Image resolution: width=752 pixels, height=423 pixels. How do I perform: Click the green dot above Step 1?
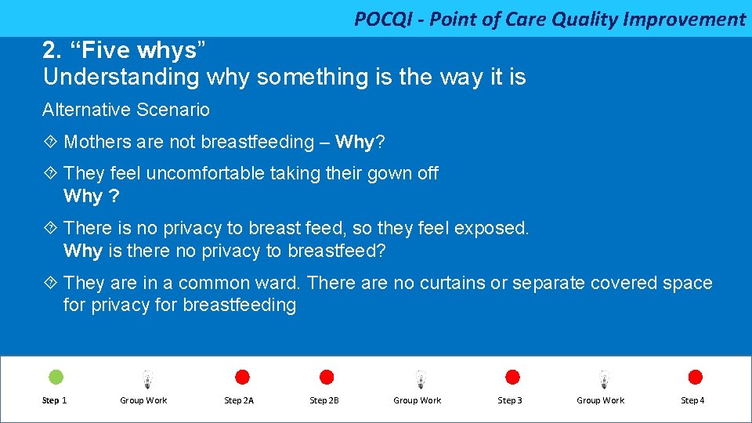click(56, 378)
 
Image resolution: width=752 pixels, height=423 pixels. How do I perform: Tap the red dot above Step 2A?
click(243, 378)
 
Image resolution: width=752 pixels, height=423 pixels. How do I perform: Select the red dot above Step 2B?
click(327, 378)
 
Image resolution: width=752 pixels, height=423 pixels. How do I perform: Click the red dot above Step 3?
click(512, 378)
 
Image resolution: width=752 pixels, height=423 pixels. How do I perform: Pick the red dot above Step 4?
click(695, 378)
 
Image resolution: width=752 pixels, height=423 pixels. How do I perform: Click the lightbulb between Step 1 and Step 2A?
click(146, 379)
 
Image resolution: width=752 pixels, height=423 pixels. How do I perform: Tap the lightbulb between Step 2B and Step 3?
click(421, 379)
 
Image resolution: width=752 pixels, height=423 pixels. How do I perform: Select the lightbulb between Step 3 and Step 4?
click(603, 379)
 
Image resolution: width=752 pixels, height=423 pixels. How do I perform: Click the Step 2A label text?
click(239, 400)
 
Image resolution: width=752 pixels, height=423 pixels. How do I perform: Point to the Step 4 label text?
click(692, 400)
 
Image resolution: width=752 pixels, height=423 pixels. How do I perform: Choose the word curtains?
click(453, 283)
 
